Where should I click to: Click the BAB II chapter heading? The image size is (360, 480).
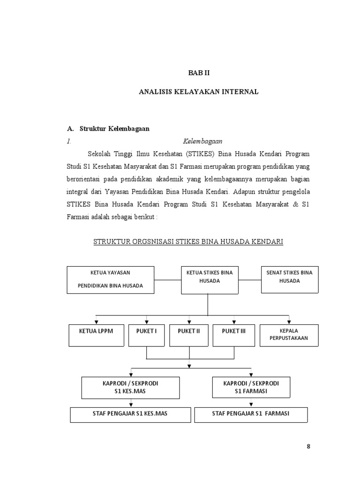click(199, 73)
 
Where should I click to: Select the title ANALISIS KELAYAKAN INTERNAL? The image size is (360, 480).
click(199, 92)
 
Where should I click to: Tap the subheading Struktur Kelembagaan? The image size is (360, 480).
click(114, 128)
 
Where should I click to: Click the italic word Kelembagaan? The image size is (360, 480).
click(202, 141)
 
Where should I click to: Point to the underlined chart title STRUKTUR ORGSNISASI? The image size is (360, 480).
click(188, 242)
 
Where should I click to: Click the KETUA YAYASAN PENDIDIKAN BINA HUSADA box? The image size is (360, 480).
click(110, 280)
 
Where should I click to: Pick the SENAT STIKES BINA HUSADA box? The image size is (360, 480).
click(289, 279)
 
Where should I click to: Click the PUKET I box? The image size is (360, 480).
click(147, 336)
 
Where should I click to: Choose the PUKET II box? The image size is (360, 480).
click(188, 336)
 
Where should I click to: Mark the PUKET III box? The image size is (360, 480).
click(233, 336)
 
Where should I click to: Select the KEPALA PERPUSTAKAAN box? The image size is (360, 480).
click(289, 336)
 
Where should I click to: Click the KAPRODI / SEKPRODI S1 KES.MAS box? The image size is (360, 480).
click(130, 387)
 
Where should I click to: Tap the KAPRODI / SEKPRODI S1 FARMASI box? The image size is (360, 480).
click(251, 387)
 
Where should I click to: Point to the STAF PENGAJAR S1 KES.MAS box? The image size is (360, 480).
click(130, 414)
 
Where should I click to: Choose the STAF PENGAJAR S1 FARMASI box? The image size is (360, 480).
click(251, 414)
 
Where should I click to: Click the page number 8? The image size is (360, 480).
click(308, 446)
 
